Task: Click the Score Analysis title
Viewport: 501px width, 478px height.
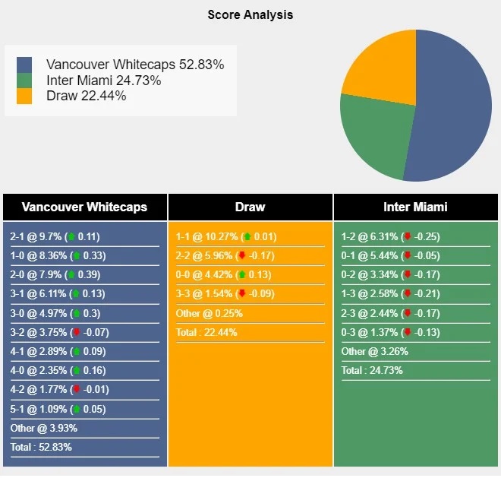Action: tap(250, 15)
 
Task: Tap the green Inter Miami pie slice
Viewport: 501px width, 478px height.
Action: tap(372, 137)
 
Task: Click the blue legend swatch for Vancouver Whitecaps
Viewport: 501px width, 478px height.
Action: tap(24, 65)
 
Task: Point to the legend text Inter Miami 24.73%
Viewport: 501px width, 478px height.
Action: tap(103, 81)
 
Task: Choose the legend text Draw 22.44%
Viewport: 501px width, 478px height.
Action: tap(86, 96)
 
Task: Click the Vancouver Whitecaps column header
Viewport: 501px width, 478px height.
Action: tap(84, 207)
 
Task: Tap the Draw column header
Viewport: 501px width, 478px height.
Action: tap(250, 207)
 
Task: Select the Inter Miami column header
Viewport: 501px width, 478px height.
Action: tap(415, 207)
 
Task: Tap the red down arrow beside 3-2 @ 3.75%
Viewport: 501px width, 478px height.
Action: tap(76, 332)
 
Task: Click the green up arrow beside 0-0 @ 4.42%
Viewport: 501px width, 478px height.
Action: tap(241, 275)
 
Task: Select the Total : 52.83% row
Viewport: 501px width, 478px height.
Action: tap(41, 447)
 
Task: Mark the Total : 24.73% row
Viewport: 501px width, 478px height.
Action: tap(372, 371)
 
